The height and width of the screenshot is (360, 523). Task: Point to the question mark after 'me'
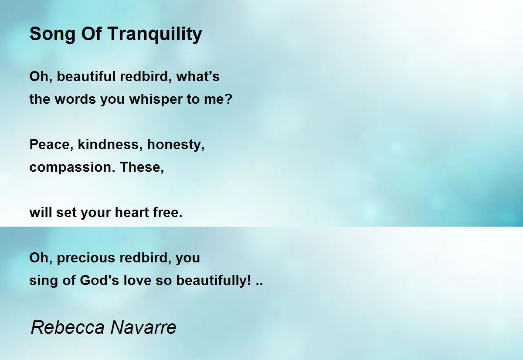pyautogui.click(x=229, y=99)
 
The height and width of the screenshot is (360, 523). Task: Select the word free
pyautogui.click(x=168, y=212)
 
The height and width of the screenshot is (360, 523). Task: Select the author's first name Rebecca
pyautogui.click(x=68, y=327)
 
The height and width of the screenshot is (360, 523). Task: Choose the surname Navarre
pyautogui.click(x=143, y=327)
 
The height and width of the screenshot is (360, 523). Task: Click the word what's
pyautogui.click(x=198, y=77)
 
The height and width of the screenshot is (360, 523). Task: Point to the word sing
pyautogui.click(x=44, y=281)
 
